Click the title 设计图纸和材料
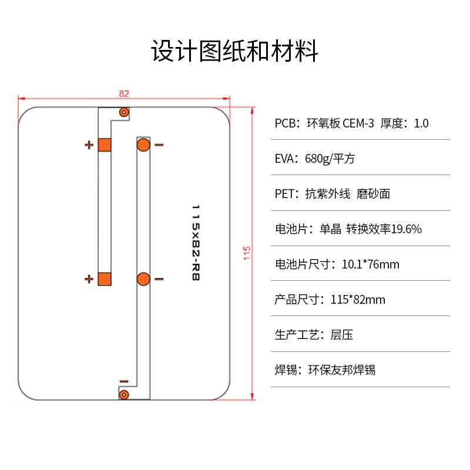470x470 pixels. point(235,51)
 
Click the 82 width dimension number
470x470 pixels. point(124,93)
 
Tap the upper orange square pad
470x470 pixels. point(105,145)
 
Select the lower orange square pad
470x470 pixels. point(105,278)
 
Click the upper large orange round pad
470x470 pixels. point(143,145)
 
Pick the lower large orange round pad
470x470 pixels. point(143,278)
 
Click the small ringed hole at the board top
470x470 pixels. point(123,112)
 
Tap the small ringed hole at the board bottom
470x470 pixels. point(124,395)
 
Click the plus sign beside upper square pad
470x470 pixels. point(89,145)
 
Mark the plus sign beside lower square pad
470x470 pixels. point(89,278)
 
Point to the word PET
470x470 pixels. point(286,194)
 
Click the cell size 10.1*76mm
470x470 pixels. point(370,264)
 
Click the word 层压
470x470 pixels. point(341,335)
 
